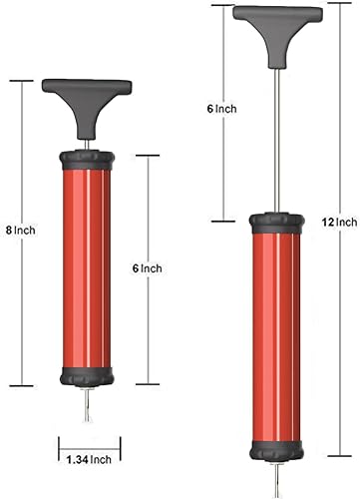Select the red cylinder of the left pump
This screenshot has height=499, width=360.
pyautogui.click(x=87, y=269)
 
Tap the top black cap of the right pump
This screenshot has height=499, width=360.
pyautogui.click(x=275, y=223)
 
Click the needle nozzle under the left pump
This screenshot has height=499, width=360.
pyautogui.click(x=87, y=405)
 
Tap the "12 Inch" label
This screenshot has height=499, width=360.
pyautogui.click(x=341, y=221)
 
